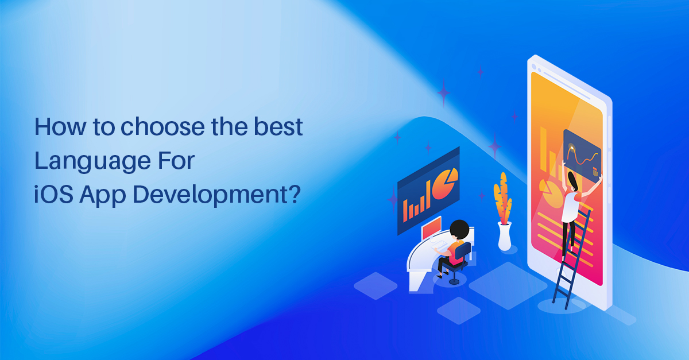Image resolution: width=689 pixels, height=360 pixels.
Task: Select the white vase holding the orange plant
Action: [505, 237]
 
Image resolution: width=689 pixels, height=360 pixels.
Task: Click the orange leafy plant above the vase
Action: [502, 198]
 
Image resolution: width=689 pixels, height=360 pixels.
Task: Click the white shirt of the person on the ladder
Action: [570, 204]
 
